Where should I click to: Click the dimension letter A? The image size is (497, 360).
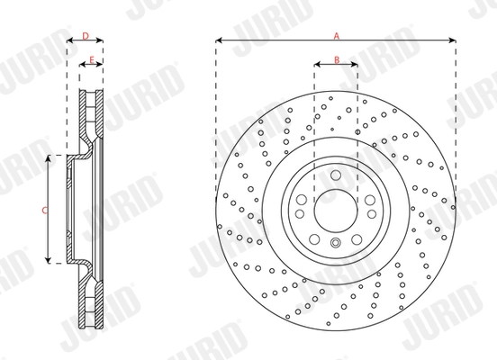pos(336,35)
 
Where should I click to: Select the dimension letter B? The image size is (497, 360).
pos(336,59)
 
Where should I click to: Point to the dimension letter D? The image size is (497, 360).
pos(85,35)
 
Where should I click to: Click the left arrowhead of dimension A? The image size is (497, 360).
pos(219,41)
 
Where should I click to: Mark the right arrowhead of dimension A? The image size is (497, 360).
pos(453,41)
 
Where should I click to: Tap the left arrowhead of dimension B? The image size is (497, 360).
pos(316,65)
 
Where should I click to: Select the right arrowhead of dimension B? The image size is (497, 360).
pos(356,65)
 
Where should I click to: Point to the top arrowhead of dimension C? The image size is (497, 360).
pos(50,157)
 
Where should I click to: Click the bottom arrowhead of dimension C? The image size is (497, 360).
pos(50,261)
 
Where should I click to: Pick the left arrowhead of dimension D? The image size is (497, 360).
pos(69,41)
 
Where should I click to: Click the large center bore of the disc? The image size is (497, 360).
pos(336,209)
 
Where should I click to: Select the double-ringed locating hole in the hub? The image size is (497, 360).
pos(336,246)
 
